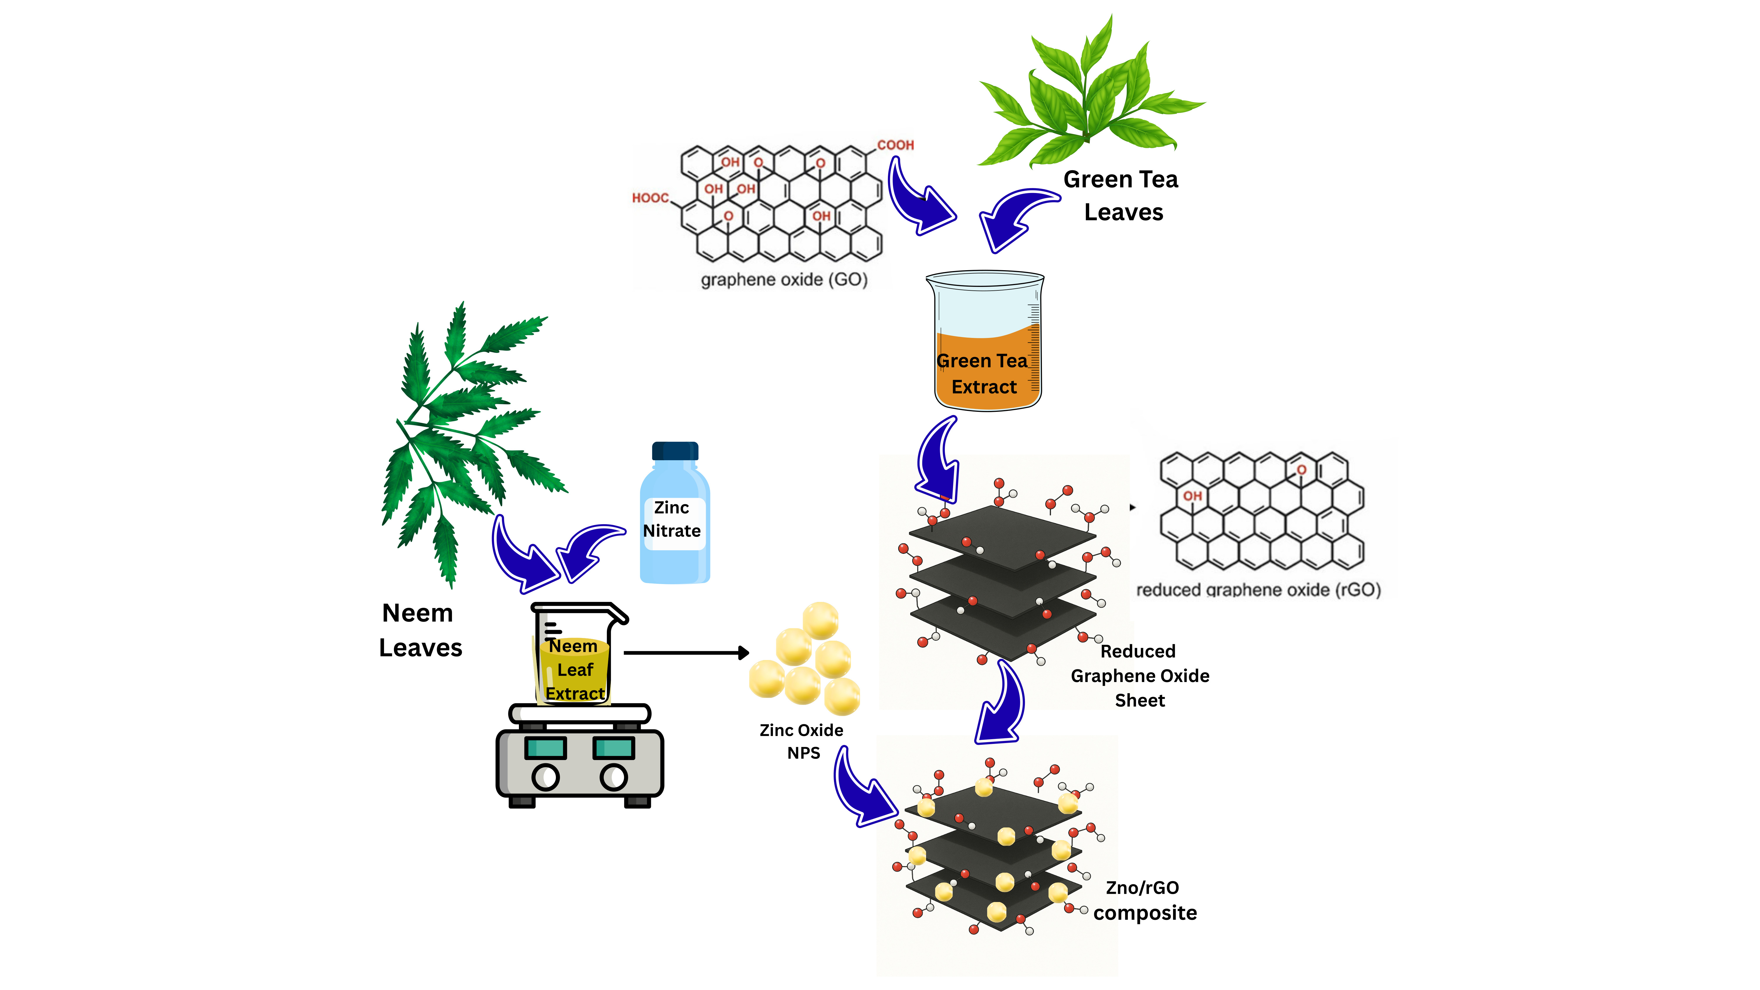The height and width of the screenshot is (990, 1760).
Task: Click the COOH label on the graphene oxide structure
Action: pyautogui.click(x=895, y=145)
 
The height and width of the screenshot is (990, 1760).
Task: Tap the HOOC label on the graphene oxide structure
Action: pyautogui.click(x=650, y=198)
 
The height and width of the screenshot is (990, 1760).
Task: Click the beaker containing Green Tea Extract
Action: pyautogui.click(x=984, y=342)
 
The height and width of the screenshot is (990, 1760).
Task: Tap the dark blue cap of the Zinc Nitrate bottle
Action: pyautogui.click(x=675, y=451)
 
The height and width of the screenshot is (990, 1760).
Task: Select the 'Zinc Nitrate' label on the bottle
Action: pyautogui.click(x=672, y=519)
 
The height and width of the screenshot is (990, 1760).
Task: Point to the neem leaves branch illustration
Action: pyautogui.click(x=465, y=437)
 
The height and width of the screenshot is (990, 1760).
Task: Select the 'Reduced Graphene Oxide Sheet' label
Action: pyautogui.click(x=1140, y=676)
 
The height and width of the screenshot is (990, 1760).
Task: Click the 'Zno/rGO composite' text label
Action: pyautogui.click(x=1145, y=901)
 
